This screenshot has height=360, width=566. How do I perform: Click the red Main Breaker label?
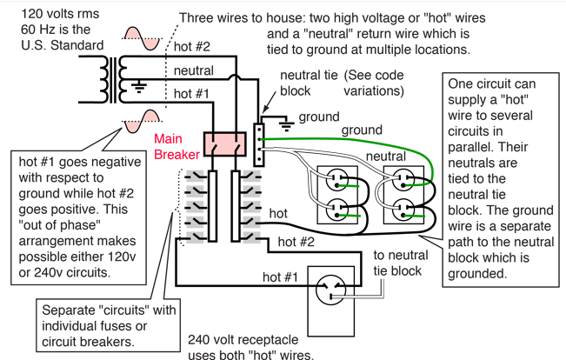point(176,146)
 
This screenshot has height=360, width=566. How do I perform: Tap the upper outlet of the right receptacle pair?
point(403,182)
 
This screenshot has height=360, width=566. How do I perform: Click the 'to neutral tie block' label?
point(397,263)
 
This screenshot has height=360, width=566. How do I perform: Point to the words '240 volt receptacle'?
point(240,341)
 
